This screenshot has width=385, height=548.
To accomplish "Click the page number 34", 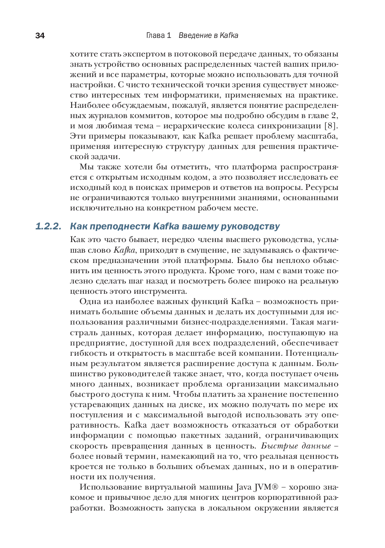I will pos(40,36).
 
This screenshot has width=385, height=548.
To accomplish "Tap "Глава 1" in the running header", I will pos(159,36).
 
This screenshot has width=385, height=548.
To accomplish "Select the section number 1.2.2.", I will pos(48,227).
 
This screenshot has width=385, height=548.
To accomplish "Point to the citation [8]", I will pos(331,126).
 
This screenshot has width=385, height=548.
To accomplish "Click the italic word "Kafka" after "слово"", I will pos(125,250).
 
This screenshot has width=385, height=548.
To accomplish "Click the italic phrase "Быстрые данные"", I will pos(296,446).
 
